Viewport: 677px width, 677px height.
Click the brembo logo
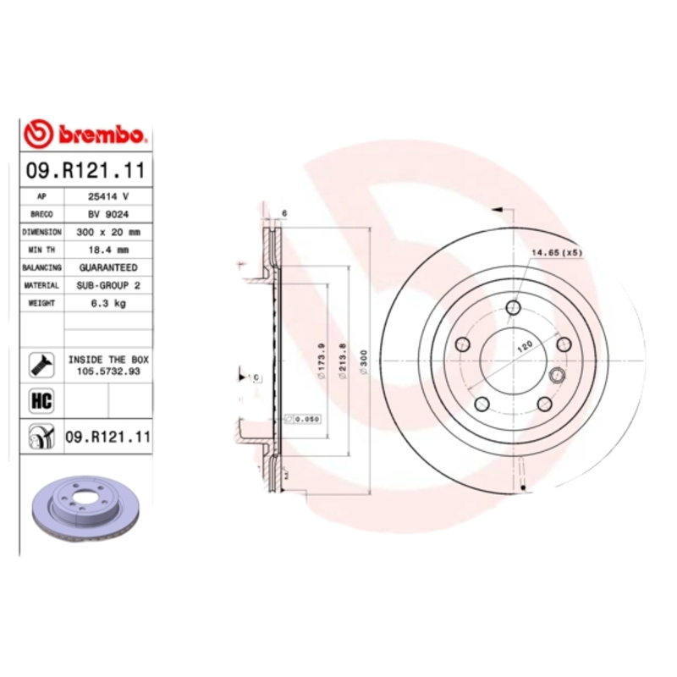click(x=87, y=135)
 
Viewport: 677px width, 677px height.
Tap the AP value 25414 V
click(x=108, y=196)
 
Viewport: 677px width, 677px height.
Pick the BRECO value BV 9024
click(x=108, y=214)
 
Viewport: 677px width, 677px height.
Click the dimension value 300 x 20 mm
click(x=108, y=232)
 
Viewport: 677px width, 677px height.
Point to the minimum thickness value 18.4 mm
click(x=108, y=250)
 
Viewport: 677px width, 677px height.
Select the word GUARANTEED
click(x=108, y=267)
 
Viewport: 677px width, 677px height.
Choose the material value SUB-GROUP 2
click(x=108, y=285)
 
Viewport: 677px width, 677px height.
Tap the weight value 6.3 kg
click(x=108, y=303)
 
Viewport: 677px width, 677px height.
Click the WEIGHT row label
click(x=41, y=303)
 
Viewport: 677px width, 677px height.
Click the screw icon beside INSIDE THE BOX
click(x=41, y=365)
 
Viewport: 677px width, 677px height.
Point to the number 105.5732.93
click(x=108, y=371)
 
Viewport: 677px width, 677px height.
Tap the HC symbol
click(x=41, y=400)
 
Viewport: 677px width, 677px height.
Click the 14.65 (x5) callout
click(x=556, y=253)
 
